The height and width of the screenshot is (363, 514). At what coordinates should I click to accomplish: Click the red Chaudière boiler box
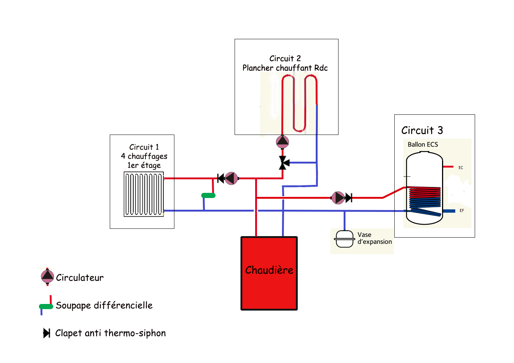tap(269, 273)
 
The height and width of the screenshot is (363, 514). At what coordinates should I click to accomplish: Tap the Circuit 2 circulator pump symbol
tap(282, 142)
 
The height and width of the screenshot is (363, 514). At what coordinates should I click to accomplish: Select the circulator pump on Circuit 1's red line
tap(231, 179)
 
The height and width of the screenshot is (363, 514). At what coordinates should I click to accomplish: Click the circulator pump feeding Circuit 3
tap(338, 198)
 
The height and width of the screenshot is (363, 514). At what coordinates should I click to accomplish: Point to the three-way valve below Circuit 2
tap(283, 163)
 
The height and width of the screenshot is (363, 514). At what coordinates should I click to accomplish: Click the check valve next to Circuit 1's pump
tap(221, 179)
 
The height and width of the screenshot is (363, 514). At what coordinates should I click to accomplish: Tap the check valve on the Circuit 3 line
tap(349, 198)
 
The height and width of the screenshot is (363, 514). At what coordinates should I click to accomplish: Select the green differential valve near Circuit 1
tap(208, 195)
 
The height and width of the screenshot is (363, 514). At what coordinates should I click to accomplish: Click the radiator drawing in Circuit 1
tap(144, 194)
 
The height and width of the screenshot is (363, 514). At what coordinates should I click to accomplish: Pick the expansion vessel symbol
tap(344, 239)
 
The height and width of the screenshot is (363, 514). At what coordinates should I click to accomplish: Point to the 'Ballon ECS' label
tap(423, 144)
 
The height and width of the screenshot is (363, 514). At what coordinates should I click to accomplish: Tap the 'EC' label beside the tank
tap(461, 168)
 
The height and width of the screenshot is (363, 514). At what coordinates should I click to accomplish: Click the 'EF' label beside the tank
tap(461, 210)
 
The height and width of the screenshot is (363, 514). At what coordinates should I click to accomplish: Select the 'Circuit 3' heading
tap(422, 131)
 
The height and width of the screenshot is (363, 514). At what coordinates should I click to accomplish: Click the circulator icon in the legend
tap(47, 277)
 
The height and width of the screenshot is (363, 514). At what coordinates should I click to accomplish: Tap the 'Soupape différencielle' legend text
tap(104, 305)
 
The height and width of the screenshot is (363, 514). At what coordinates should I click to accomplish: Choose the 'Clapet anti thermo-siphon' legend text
tap(110, 333)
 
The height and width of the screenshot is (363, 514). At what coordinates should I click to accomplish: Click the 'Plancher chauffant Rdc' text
tap(285, 68)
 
